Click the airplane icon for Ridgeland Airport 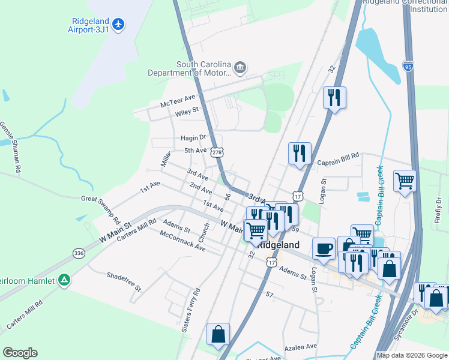(119, 24)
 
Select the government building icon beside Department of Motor (240, 67)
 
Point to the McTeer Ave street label (178, 100)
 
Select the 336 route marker (79, 253)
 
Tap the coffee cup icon (324, 248)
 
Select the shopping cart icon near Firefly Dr (405, 180)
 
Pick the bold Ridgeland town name (279, 245)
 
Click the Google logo (20, 353)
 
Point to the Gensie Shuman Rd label (10, 147)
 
